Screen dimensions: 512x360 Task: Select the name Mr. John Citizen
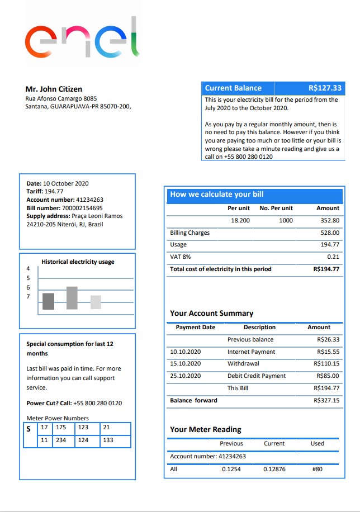[x=54, y=89]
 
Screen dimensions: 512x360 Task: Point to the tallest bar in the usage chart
[x=72, y=298]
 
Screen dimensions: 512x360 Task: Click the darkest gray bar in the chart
[x=49, y=301]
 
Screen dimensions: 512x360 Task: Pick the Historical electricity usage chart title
[x=78, y=262]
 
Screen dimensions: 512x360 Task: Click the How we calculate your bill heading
[x=217, y=195]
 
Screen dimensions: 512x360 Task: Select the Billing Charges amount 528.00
[x=329, y=233]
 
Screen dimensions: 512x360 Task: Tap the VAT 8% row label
[x=180, y=257]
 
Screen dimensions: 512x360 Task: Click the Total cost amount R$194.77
[x=326, y=269]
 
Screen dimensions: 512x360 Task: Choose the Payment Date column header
[x=195, y=327]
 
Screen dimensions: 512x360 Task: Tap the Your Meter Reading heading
[x=205, y=429]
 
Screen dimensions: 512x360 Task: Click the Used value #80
[x=317, y=469]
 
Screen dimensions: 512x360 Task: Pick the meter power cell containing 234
[x=61, y=440]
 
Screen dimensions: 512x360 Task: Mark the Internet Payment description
[x=251, y=352]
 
